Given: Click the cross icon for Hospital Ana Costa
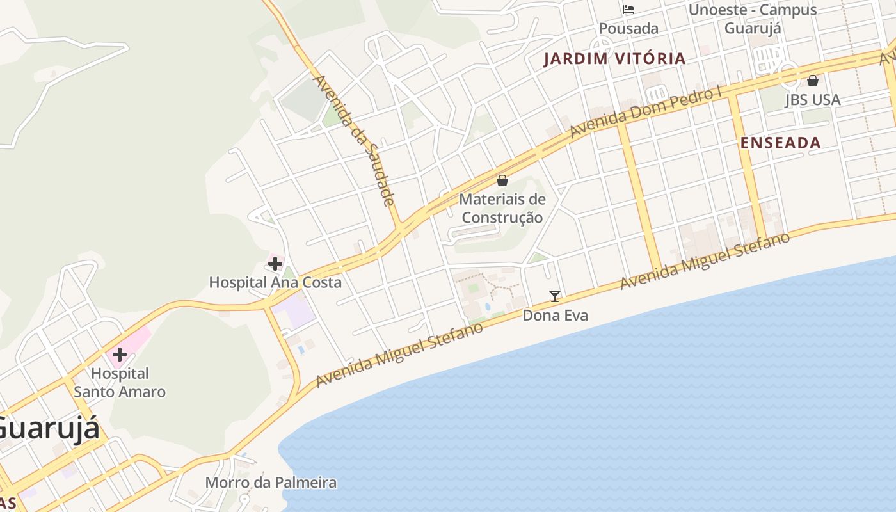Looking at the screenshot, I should pyautogui.click(x=275, y=264).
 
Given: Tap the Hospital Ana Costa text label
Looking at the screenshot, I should pyautogui.click(x=275, y=282).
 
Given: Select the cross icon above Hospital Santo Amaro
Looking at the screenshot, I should pyautogui.click(x=119, y=355).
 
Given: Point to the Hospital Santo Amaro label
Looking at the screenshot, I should pyautogui.click(x=120, y=383).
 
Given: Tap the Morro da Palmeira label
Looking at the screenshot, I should pyautogui.click(x=271, y=483).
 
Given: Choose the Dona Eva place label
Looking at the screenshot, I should pyautogui.click(x=555, y=316).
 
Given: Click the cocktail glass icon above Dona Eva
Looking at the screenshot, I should pyautogui.click(x=555, y=296).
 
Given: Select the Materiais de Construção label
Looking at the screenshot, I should pyautogui.click(x=502, y=208).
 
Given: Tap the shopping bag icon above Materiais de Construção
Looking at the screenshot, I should pyautogui.click(x=502, y=180).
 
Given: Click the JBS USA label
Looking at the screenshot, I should pyautogui.click(x=813, y=100).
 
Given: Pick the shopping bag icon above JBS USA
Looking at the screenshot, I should pyautogui.click(x=813, y=81).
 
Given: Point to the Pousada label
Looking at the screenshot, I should pyautogui.click(x=628, y=29).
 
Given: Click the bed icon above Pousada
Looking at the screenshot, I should pyautogui.click(x=628, y=10).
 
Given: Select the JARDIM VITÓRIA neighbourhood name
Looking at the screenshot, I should pyautogui.click(x=614, y=59).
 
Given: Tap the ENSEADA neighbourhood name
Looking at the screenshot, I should pyautogui.click(x=780, y=143).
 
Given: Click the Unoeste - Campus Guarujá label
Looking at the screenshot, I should pyautogui.click(x=753, y=19).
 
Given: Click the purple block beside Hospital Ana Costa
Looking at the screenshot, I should pyautogui.click(x=294, y=312).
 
